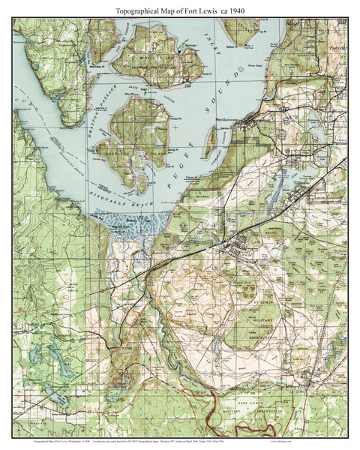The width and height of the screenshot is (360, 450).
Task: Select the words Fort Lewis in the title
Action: pyautogui.click(x=205, y=10)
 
